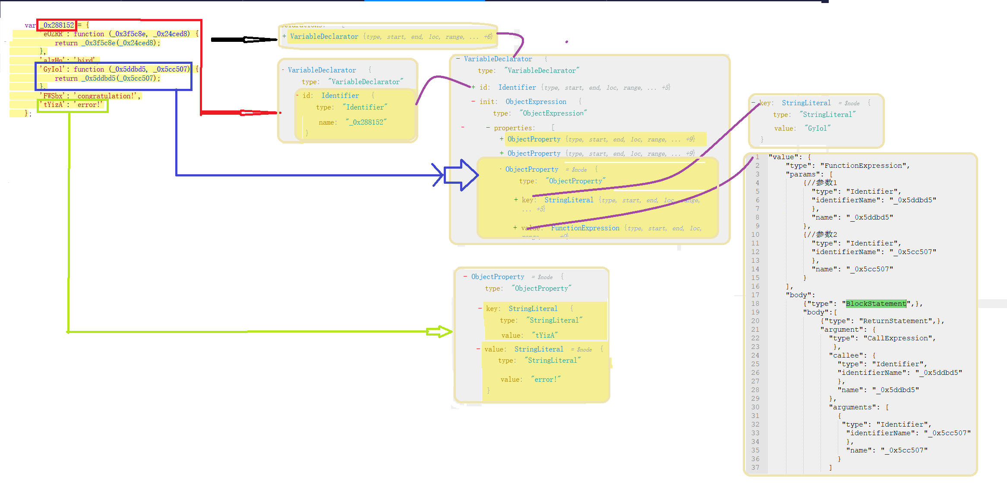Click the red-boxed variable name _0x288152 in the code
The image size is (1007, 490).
[57, 25]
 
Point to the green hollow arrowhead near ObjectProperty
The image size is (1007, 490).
[439, 332]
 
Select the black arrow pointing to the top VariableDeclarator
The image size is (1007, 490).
[244, 40]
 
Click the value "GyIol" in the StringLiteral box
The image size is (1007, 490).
[817, 128]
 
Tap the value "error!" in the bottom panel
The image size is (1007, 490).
[546, 379]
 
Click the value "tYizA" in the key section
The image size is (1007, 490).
[545, 335]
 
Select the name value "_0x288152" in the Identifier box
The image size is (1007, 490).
[366, 122]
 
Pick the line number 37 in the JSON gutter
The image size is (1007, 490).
[755, 468]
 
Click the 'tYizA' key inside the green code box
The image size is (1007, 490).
[53, 104]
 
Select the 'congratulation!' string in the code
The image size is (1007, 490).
[107, 96]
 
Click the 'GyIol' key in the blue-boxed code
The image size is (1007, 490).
[53, 69]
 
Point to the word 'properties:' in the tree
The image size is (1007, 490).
[514, 128]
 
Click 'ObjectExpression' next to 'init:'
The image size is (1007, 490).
[536, 101]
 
